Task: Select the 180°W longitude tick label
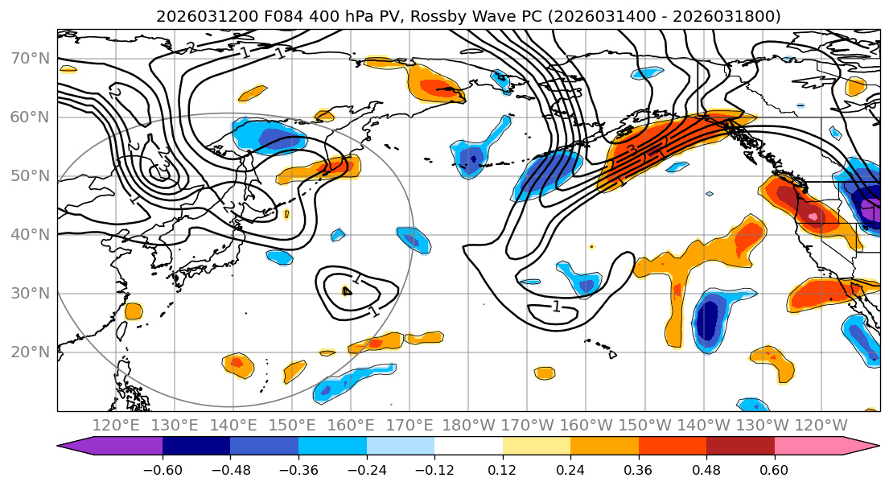click(x=468, y=425)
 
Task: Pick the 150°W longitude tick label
click(x=644, y=425)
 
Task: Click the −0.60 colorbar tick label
click(x=163, y=469)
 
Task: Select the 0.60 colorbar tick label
click(x=774, y=469)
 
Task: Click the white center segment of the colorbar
click(x=468, y=447)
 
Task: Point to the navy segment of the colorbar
click(x=196, y=447)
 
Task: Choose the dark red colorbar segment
click(x=740, y=447)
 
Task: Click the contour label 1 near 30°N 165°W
click(x=556, y=306)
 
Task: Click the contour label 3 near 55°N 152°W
click(x=632, y=150)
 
